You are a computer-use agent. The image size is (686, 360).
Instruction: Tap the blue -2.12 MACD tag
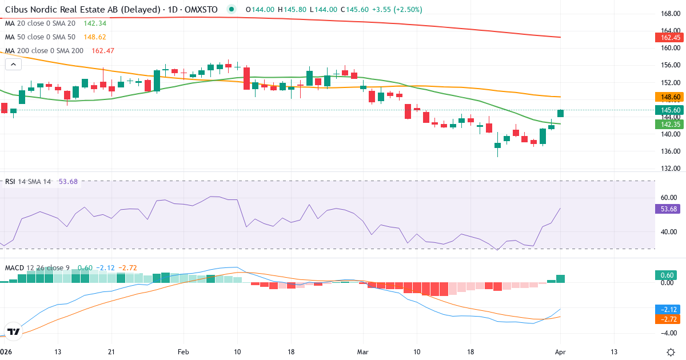668,309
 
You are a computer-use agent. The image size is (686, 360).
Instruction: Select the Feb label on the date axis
182,351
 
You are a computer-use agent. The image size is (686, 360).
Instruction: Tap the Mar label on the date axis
363,351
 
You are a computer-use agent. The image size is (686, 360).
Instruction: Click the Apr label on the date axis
560,351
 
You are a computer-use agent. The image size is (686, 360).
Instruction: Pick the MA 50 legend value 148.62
95,37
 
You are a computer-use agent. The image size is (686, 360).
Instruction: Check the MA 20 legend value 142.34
95,23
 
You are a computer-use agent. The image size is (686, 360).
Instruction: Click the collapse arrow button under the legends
13,64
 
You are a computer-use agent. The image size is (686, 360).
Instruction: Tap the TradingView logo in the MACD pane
14,331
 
